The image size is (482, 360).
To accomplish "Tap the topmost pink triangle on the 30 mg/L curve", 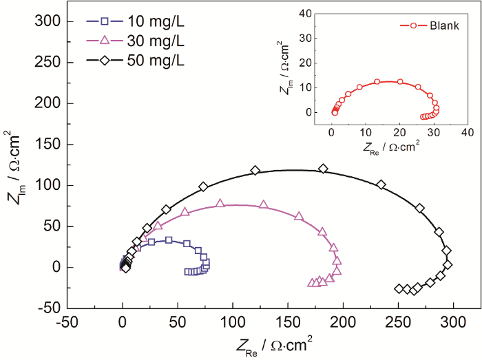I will coord(220,203).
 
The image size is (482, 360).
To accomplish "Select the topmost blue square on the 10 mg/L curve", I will coord(169,240).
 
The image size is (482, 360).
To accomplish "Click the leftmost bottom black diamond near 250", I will coord(399,288).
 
